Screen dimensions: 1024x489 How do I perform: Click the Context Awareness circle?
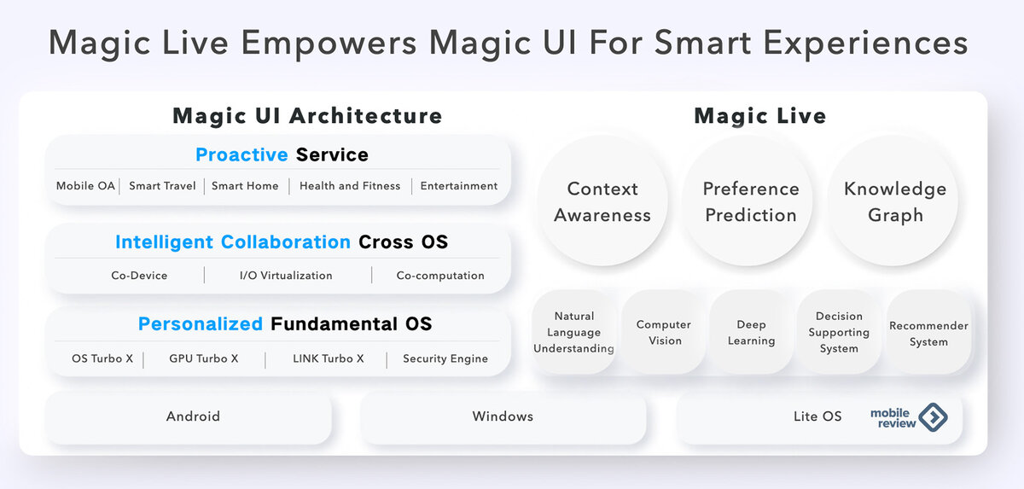[x=602, y=201]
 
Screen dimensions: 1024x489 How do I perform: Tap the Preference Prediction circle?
[x=748, y=201]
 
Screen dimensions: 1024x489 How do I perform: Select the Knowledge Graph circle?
[x=893, y=201]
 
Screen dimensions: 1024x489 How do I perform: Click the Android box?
[x=189, y=416]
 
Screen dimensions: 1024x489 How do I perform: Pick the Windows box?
[x=503, y=416]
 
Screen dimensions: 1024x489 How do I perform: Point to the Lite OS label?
[x=817, y=416]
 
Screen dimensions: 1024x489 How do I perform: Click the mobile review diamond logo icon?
[x=933, y=416]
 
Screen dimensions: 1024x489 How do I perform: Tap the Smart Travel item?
[x=162, y=186]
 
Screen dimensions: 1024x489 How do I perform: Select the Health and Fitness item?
[x=350, y=186]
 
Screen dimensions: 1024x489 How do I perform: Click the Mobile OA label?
[x=85, y=186]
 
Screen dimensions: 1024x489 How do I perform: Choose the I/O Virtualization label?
[x=286, y=276]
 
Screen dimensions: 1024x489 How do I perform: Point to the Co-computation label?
[x=440, y=276]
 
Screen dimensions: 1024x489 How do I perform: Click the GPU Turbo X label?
[x=203, y=358]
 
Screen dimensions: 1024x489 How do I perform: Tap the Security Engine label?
[x=445, y=358]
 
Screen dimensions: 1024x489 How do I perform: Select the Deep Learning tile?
[x=751, y=332]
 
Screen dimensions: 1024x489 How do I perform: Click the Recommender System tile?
[x=928, y=332]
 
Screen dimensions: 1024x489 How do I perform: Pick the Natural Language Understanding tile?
[x=573, y=332]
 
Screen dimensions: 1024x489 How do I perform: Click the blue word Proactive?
[x=241, y=155]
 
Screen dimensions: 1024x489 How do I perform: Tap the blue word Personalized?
[x=201, y=324]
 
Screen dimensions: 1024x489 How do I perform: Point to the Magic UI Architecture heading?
[x=307, y=115]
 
